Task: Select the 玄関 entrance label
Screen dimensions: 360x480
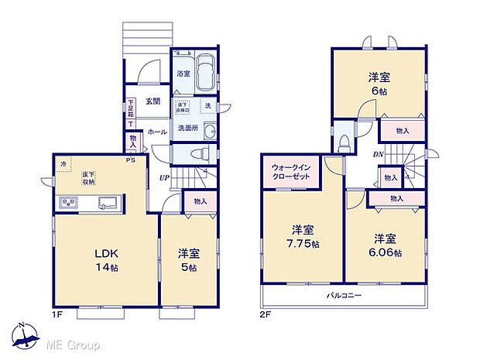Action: coord(152,101)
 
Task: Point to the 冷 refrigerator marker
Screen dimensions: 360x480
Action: coord(63,164)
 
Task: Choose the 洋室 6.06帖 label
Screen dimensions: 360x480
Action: coord(386,245)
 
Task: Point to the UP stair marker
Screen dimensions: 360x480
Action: coord(165,179)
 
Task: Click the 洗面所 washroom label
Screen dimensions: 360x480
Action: coord(188,128)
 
